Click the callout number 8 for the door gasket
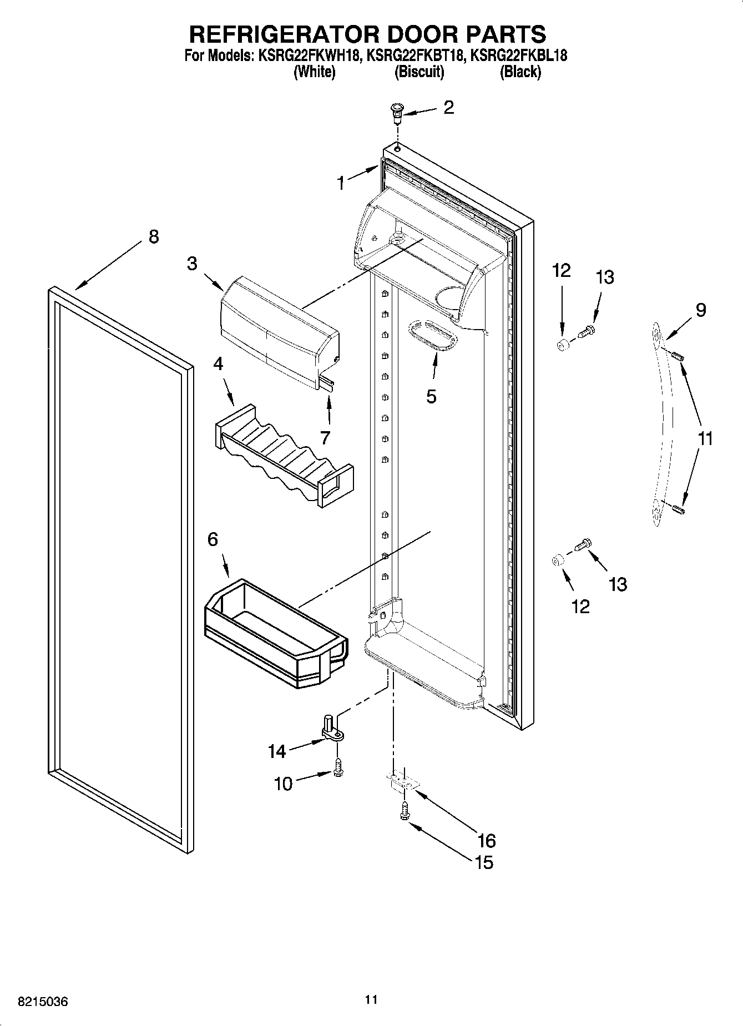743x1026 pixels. [x=154, y=236]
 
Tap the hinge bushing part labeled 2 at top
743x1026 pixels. [x=396, y=113]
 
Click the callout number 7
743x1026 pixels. [x=325, y=437]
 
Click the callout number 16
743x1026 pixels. [x=486, y=841]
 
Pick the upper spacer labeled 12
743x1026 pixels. [x=562, y=345]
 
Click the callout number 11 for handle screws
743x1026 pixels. [x=705, y=439]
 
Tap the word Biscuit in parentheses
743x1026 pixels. [x=419, y=72]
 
